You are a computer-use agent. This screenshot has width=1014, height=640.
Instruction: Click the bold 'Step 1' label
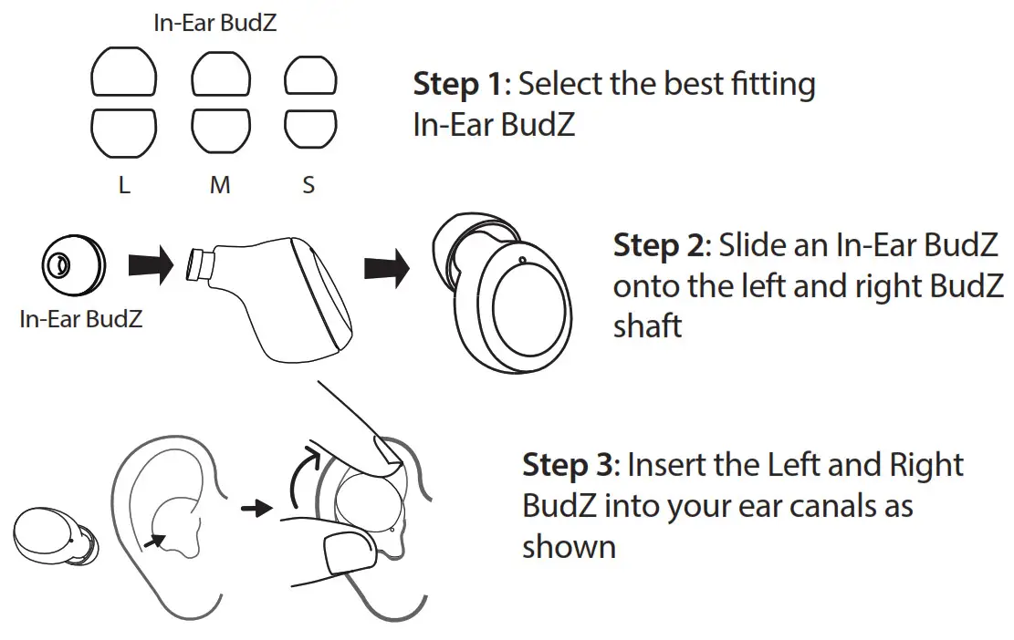(x=457, y=85)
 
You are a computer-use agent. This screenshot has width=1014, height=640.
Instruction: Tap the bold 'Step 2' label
(x=658, y=245)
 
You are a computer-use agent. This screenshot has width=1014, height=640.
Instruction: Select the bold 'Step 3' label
(x=567, y=466)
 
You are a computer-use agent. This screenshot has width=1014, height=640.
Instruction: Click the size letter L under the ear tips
(x=124, y=185)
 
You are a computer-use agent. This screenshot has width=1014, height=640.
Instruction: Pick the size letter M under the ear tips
(x=220, y=185)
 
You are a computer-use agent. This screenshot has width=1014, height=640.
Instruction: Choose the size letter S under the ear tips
(x=308, y=185)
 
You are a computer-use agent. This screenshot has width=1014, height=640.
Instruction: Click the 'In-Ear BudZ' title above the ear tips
(x=215, y=24)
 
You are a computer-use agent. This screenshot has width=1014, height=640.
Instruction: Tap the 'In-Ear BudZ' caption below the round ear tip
(x=81, y=320)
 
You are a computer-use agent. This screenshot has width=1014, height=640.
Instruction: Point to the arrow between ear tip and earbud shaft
(x=151, y=265)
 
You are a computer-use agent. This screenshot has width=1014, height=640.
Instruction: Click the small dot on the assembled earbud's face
(x=520, y=260)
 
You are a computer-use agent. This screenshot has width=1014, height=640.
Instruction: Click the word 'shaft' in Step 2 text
(x=647, y=326)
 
